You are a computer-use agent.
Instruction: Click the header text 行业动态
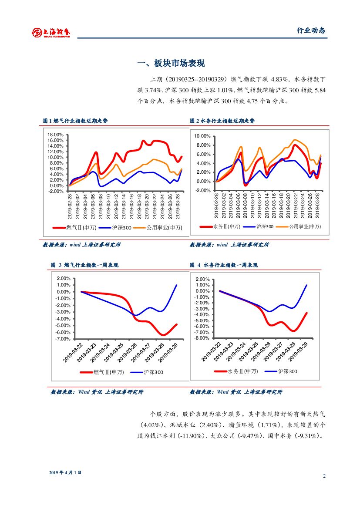311,30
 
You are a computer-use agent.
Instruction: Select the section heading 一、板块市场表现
171,64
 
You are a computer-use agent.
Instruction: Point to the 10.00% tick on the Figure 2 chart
202,136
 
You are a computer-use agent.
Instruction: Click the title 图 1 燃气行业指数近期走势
75,121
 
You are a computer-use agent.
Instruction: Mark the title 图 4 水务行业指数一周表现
224,265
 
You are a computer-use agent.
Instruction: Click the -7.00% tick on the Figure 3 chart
64,339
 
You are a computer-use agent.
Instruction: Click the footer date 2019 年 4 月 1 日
65,472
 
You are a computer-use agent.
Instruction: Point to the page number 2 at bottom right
324,475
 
